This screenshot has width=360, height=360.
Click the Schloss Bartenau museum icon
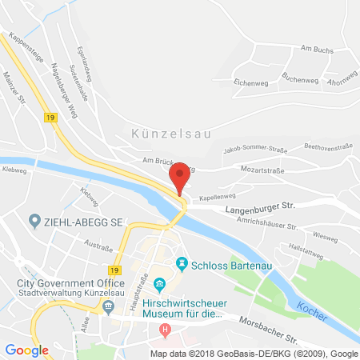(x=182, y=263)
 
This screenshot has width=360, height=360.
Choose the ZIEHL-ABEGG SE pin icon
(x=34, y=220)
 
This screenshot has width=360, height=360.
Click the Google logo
(x=27, y=350)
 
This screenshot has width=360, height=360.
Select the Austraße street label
(x=98, y=248)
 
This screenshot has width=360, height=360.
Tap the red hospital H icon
(x=166, y=329)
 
